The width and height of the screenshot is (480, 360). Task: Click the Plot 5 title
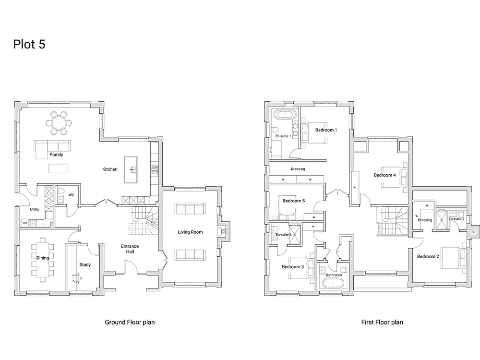[29, 44]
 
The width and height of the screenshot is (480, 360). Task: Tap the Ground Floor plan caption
[130, 322]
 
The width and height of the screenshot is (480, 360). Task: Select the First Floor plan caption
[382, 322]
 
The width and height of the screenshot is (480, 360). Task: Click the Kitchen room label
[110, 169]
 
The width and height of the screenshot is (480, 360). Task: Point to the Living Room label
[190, 232]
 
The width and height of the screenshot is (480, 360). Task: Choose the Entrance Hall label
[130, 249]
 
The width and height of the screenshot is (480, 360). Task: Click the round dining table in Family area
[59, 123]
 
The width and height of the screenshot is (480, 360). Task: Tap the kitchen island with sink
[131, 169]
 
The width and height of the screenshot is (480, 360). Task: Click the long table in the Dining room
[43, 257]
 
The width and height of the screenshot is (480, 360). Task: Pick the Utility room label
[34, 209]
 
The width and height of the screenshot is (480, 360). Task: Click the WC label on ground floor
[71, 195]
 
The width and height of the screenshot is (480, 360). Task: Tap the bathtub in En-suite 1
[284, 115]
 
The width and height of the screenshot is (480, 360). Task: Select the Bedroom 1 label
[326, 130]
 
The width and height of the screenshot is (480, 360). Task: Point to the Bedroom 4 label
[385, 175]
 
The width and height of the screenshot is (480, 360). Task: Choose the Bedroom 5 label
[294, 201]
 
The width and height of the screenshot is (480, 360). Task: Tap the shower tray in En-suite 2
[442, 217]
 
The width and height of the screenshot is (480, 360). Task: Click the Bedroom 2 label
[428, 256]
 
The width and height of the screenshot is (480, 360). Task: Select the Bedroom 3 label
[293, 266]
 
